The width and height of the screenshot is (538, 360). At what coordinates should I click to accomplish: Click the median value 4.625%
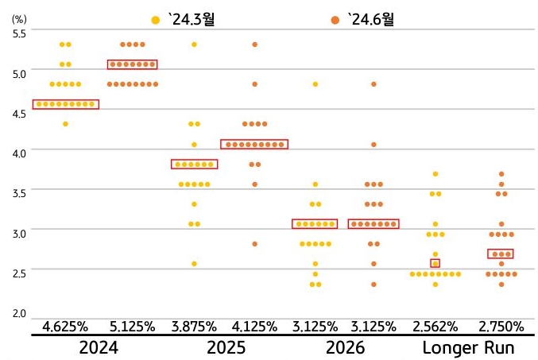[x=65, y=327]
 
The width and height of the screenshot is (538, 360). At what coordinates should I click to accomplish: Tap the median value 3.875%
[x=194, y=327]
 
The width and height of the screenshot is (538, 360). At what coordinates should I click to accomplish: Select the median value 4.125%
[x=254, y=327]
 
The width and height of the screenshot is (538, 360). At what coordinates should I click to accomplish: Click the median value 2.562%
[x=435, y=327]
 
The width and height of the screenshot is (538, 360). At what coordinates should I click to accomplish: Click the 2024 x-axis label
[x=99, y=348]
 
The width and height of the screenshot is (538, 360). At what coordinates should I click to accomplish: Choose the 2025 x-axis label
[x=226, y=348]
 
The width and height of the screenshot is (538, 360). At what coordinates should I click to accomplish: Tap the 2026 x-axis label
[x=345, y=348]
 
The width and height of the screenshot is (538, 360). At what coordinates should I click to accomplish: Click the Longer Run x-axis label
[x=468, y=348]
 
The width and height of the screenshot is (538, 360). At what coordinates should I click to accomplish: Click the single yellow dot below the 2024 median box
[x=65, y=124]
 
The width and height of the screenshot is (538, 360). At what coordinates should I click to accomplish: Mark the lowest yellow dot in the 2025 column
[x=194, y=263]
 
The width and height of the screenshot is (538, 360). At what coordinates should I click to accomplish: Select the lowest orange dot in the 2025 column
[x=254, y=244]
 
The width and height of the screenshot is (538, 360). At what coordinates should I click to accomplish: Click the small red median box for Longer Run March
[x=435, y=263]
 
